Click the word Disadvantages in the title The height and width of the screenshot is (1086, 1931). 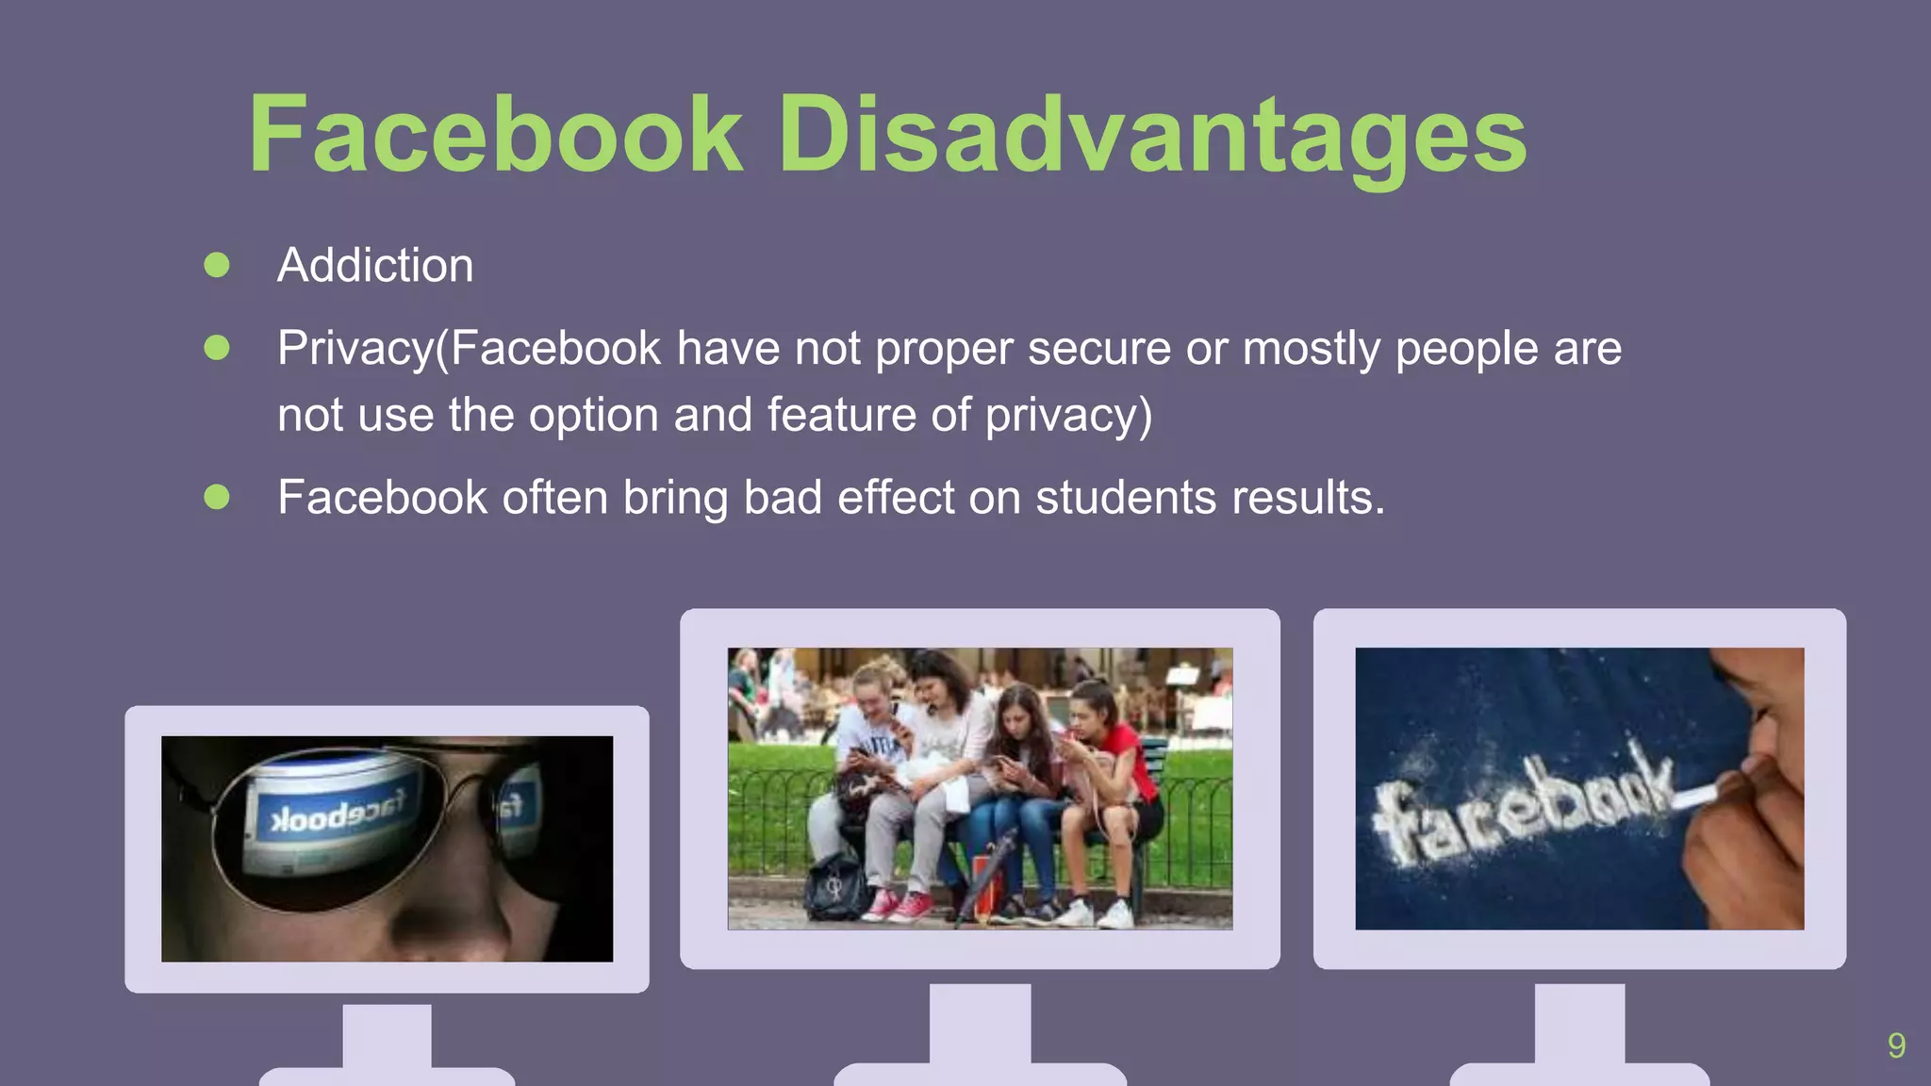pyautogui.click(x=1151, y=137)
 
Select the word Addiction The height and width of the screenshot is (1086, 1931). pyautogui.click(x=375, y=265)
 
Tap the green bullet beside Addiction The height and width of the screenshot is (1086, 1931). pyautogui.click(x=217, y=265)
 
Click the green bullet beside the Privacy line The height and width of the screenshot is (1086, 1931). pyautogui.click(x=217, y=348)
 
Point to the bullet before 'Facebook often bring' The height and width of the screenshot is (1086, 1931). pyautogui.click(x=217, y=497)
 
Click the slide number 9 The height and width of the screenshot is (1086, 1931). pyautogui.click(x=1896, y=1045)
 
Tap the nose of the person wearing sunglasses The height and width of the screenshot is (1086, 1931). pyautogui.click(x=443, y=905)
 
